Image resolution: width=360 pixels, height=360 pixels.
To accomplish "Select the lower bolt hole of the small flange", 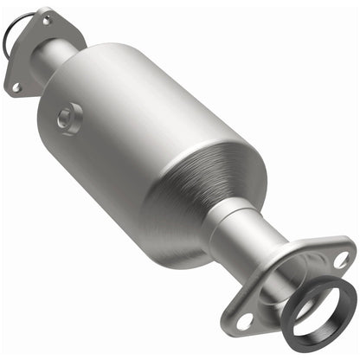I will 16,87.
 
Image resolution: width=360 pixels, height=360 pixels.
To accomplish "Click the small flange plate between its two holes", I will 39,52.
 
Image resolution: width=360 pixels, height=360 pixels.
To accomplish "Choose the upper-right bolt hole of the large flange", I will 341,258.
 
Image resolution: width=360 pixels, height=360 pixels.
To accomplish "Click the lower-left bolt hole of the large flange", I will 246,320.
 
